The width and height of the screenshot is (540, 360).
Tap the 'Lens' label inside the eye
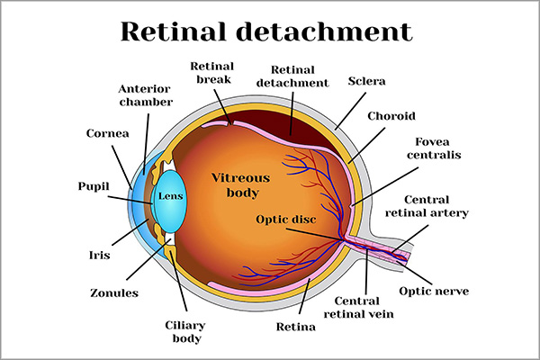point(171,195)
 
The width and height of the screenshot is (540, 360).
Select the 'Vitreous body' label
point(235,185)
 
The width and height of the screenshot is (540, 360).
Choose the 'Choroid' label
point(391,116)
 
